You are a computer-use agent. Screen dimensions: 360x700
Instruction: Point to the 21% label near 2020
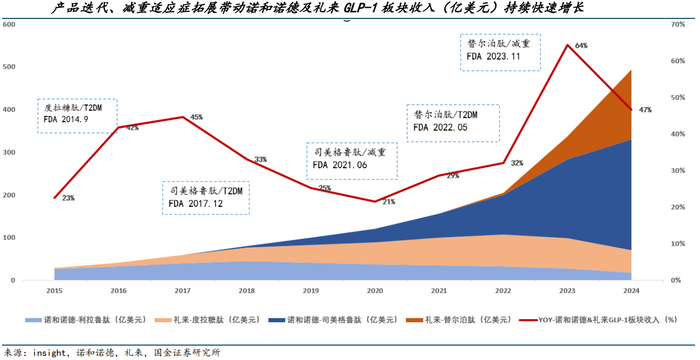pos(389,201)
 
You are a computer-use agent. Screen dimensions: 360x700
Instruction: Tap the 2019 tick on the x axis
pos(311,290)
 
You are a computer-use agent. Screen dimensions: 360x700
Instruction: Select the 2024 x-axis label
pos(631,290)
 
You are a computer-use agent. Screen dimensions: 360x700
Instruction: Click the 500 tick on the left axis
pos(9,67)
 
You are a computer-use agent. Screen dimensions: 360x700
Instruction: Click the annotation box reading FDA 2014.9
pos(77,115)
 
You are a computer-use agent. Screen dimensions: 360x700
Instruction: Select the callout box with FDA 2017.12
pos(206,198)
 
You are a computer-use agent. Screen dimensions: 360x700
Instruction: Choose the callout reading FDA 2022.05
pos(453,122)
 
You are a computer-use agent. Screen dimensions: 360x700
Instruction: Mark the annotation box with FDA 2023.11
pos(500,52)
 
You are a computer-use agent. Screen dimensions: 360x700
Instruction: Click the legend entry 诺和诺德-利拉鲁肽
pos(86,320)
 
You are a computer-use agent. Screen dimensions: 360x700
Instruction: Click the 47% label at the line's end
pos(645,110)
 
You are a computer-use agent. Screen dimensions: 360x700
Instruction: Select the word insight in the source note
pos(49,353)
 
